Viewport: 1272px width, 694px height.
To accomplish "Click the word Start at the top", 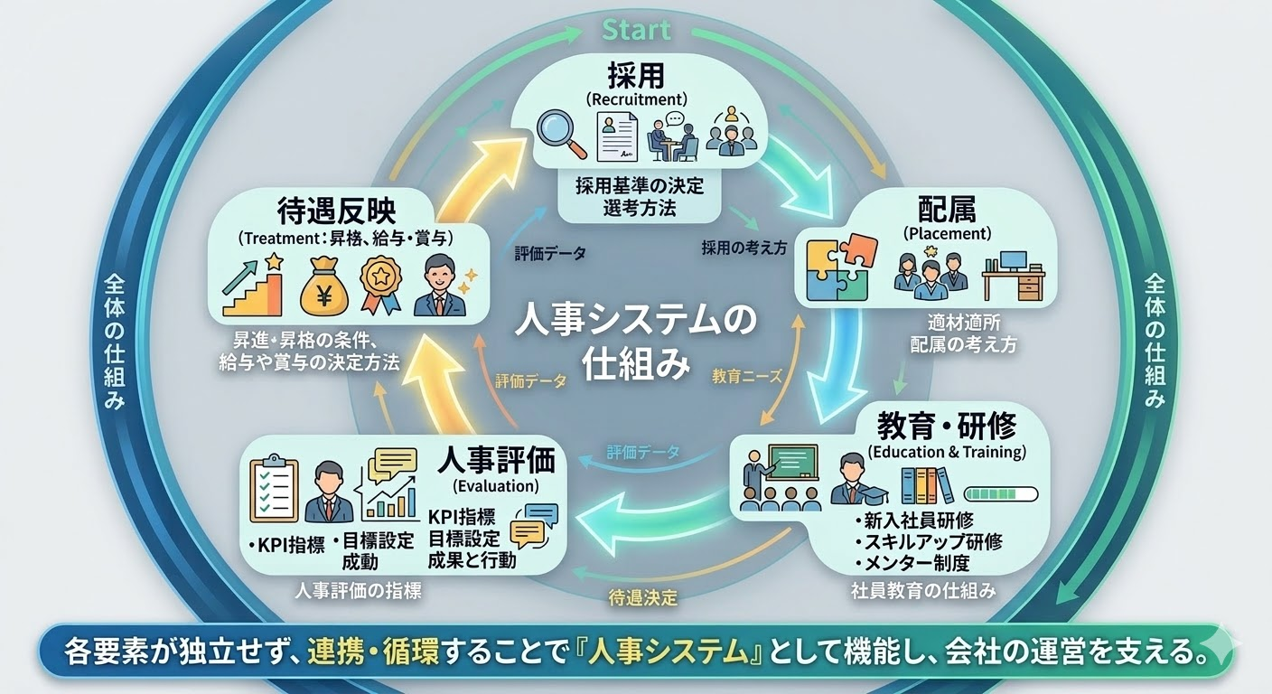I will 637,30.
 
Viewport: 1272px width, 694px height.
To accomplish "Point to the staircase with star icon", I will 254,282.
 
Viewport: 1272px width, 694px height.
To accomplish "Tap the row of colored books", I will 927,485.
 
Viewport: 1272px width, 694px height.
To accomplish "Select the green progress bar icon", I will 1002,494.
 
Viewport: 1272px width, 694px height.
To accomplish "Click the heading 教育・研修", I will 947,424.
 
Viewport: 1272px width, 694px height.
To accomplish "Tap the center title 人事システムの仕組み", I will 637,344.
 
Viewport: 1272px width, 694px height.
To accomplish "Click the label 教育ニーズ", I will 746,374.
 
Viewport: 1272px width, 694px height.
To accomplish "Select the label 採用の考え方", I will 744,248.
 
